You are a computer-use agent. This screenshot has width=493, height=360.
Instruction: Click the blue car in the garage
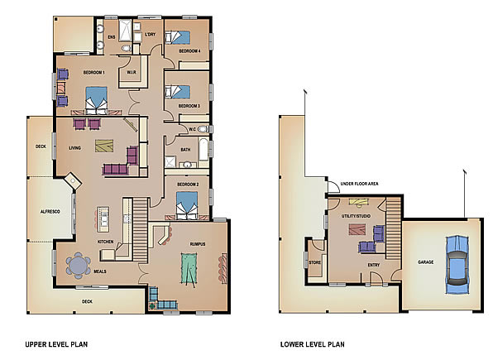point(457,264)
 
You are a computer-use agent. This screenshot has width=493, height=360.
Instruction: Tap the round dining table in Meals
point(78,266)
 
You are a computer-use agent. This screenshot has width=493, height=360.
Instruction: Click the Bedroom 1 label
point(93,73)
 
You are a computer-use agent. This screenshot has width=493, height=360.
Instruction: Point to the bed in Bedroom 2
point(187,205)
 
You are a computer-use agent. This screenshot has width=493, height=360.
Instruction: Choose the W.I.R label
point(132,72)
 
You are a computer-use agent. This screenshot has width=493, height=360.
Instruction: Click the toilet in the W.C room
point(203,129)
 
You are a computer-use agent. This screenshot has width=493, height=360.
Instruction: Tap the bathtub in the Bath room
point(203,149)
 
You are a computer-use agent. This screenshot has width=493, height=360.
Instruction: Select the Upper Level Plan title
point(56,344)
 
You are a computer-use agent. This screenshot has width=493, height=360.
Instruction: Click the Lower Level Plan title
point(312,344)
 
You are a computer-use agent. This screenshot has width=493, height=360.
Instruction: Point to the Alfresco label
point(50,212)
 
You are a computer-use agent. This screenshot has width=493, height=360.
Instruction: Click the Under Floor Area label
point(359,184)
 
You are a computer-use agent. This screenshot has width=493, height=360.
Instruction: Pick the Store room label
point(314,262)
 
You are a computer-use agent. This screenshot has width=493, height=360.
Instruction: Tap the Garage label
point(426,262)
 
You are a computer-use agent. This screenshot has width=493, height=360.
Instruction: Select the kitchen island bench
point(103,219)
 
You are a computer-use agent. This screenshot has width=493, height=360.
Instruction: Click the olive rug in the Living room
point(104,146)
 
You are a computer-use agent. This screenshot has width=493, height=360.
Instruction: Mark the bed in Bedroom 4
point(178,36)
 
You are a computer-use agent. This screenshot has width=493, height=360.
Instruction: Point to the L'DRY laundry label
point(150,34)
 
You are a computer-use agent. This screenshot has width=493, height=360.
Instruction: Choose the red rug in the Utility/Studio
point(357,229)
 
